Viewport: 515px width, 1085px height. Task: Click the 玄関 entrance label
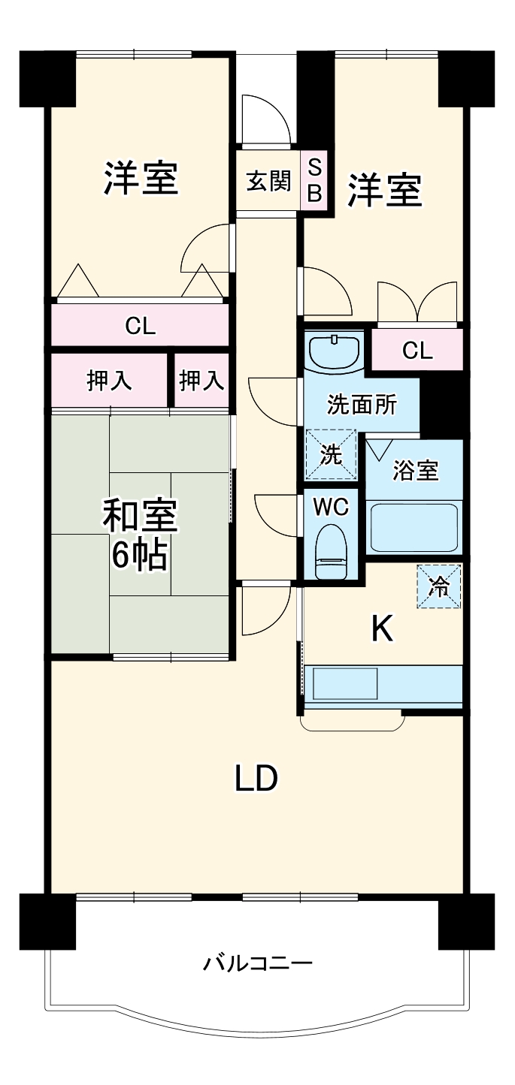268,182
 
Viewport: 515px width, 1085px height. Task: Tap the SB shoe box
315,182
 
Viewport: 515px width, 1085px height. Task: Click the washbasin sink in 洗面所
334,351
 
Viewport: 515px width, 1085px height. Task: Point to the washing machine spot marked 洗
331,454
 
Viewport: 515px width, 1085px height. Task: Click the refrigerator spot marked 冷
439,586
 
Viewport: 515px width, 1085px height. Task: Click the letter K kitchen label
383,630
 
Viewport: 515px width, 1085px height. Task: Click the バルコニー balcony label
257,963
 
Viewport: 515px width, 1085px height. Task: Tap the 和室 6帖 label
140,534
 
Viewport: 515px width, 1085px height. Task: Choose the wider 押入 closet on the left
110,381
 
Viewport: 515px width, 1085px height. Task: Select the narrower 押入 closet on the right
201,381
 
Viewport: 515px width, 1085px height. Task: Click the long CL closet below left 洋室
140,325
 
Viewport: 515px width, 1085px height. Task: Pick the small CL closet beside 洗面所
417,350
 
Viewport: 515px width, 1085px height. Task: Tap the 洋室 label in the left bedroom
141,179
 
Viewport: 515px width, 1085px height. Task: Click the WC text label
331,508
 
